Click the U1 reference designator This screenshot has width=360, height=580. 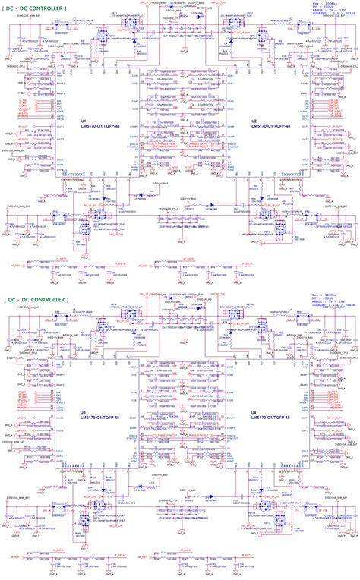[x=83, y=120]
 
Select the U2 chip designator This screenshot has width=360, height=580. [x=254, y=120]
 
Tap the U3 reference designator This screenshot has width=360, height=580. [x=83, y=413]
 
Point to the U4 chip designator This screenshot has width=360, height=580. [x=254, y=413]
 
